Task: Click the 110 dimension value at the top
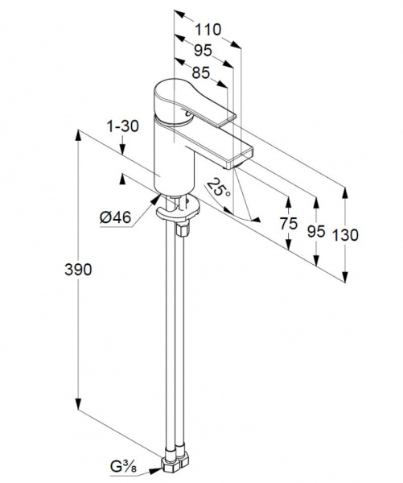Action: tap(208, 30)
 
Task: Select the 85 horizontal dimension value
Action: tap(201, 73)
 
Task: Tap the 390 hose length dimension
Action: tap(78, 270)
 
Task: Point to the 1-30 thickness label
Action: tap(122, 126)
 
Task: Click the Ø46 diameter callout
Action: tap(116, 217)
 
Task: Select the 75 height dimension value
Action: tap(289, 223)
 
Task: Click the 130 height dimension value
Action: tap(345, 235)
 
